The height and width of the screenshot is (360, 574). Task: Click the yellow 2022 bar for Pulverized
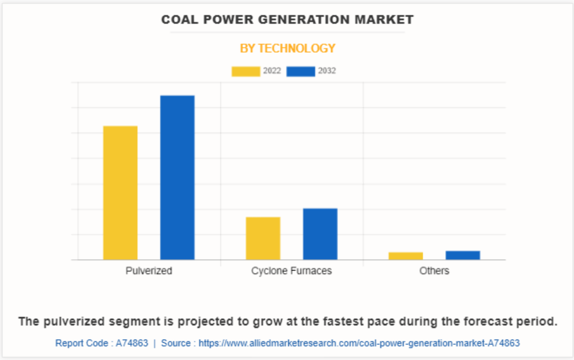121,192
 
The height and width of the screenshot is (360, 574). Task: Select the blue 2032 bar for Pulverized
177,177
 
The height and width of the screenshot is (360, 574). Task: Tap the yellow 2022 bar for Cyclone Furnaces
263,238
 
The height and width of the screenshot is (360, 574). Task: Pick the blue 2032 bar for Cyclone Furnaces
320,234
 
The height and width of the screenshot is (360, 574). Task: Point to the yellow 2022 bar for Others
406,256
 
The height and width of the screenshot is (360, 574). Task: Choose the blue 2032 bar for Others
463,255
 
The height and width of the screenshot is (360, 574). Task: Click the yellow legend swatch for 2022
246,71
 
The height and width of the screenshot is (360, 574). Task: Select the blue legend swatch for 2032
301,71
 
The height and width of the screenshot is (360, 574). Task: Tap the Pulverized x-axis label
149,271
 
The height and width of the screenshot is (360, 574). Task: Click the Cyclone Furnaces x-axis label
292,271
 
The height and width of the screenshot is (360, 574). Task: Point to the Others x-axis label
434,271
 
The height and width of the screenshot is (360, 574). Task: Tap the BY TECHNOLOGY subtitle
288,48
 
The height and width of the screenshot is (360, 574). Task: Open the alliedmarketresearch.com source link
359,343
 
